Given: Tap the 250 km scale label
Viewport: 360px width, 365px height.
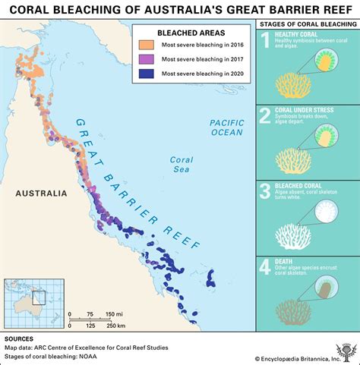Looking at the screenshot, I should pyautogui.click(x=115, y=326).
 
